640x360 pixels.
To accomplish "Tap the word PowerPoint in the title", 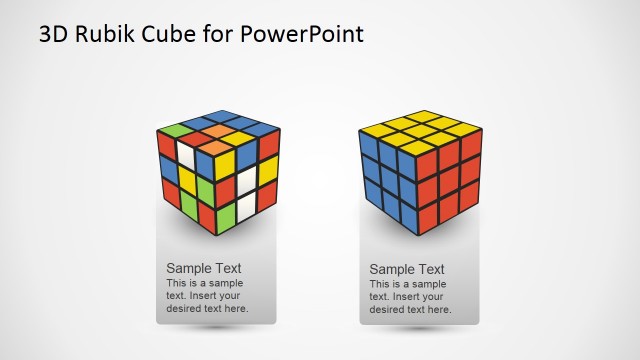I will (303, 34).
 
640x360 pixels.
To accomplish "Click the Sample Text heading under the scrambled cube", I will (203, 268).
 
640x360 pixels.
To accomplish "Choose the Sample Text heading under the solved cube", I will (407, 269).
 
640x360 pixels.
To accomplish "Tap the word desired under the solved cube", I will (386, 310).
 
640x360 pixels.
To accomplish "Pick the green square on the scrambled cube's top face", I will (173, 130).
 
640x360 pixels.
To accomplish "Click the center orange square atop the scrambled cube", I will (218, 131).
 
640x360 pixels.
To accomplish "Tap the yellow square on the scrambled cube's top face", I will (236, 139).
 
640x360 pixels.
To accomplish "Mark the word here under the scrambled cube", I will (237, 309).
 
